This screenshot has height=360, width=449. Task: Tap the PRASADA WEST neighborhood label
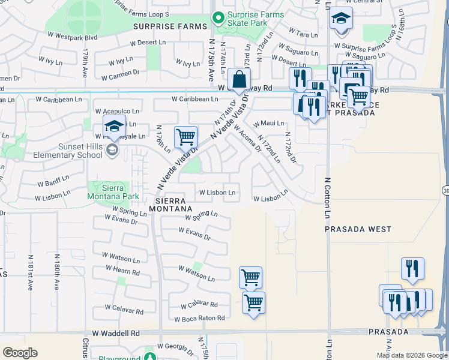tap(358, 229)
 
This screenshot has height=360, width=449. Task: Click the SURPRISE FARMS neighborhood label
tap(170, 26)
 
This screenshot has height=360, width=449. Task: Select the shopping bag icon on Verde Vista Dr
tap(239, 80)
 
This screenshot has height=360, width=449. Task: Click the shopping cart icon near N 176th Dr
tap(186, 137)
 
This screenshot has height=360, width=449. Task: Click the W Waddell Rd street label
tap(116, 333)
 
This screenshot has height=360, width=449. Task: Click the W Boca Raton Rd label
tap(199, 318)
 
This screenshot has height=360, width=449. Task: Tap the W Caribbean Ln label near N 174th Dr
tap(194, 99)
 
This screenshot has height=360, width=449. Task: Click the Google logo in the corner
tap(20, 353)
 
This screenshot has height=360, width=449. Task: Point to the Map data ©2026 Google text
tap(411, 355)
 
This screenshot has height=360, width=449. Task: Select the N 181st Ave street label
tap(30, 272)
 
